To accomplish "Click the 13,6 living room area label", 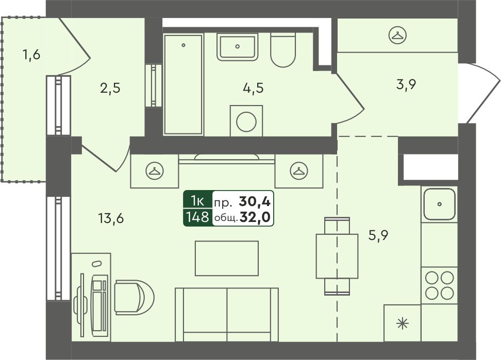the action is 111,219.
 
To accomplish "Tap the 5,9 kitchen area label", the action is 378,236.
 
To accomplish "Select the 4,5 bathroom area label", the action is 254,88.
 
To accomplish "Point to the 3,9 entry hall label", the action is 406,85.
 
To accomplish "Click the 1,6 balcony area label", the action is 31,55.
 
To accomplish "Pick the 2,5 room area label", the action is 110,88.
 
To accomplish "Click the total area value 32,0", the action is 255,217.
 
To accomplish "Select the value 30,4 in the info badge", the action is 255,201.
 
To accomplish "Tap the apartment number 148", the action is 198,217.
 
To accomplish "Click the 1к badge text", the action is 197,201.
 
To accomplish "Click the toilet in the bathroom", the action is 283,50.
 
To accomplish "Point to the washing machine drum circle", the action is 246,121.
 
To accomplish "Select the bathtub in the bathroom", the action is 183,84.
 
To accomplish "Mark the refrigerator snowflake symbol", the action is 402,324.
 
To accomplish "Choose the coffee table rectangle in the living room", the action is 227,258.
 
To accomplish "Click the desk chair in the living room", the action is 134,298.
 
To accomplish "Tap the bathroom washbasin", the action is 237,46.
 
